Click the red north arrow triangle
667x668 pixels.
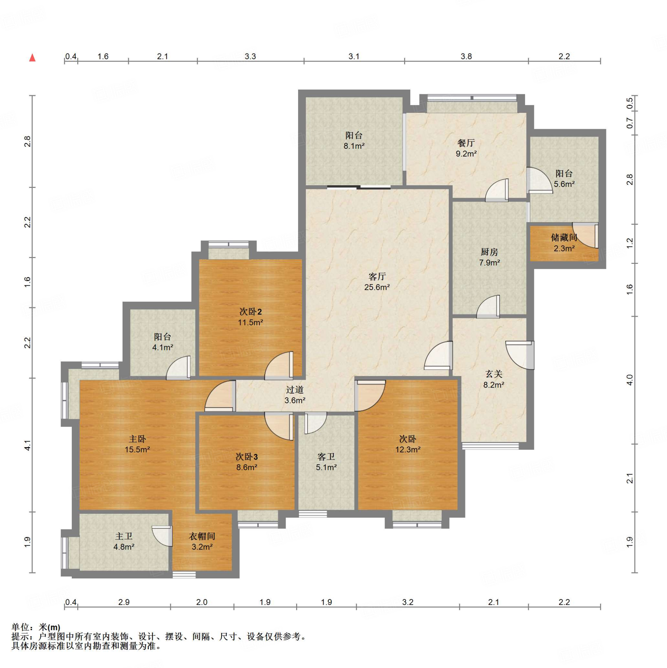click(x=33, y=57)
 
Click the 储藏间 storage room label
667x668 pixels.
click(x=564, y=237)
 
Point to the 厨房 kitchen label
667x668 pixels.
click(x=489, y=252)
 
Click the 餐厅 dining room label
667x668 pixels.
click(x=466, y=143)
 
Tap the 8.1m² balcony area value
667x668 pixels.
click(x=354, y=146)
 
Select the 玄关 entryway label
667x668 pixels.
click(x=493, y=374)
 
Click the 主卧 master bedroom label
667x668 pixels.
click(x=137, y=439)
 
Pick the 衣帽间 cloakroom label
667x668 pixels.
click(x=202, y=536)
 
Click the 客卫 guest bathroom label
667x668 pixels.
click(x=326, y=457)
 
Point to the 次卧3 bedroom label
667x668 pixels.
click(x=247, y=457)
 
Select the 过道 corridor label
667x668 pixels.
click(x=295, y=390)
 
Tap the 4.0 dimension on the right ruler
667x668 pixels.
click(x=629, y=380)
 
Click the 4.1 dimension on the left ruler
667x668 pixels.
click(x=28, y=445)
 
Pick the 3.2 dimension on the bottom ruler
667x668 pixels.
click(x=408, y=602)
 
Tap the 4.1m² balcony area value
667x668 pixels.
click(x=162, y=347)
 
